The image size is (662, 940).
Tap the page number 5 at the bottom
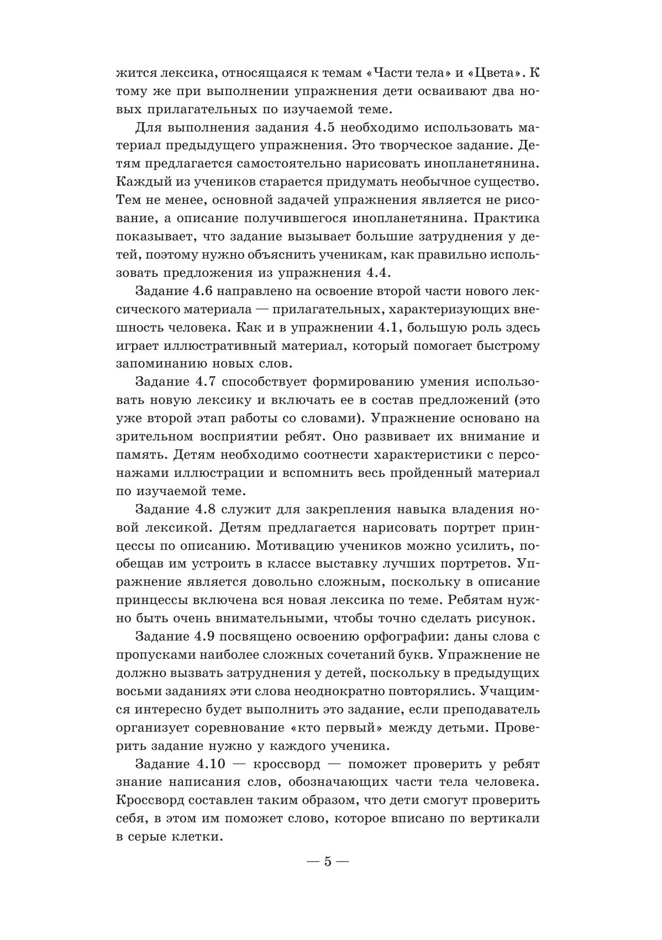click(x=327, y=862)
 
